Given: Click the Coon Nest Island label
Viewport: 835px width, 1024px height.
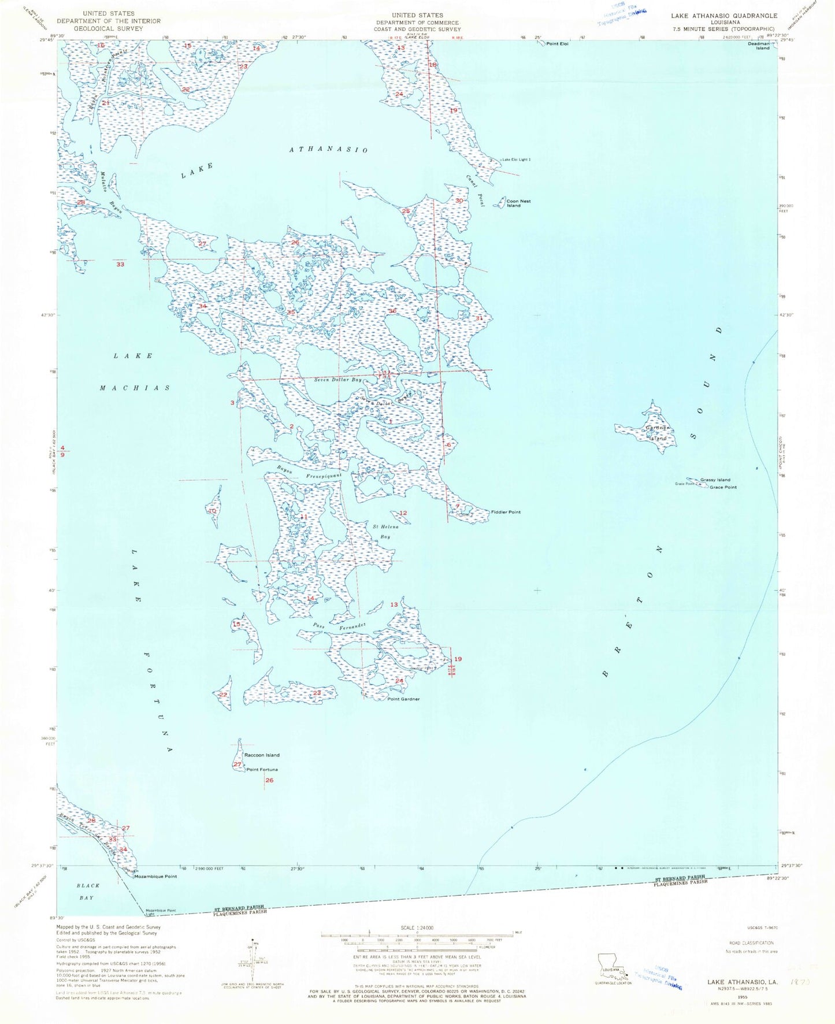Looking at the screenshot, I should coord(518,203).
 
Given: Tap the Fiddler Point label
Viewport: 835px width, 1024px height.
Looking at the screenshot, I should coord(506,512).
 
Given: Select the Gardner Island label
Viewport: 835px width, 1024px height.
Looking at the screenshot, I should coord(657,433).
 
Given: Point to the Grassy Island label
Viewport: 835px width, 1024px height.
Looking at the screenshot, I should coord(715,480).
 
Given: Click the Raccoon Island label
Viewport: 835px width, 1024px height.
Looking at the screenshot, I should coord(262,755).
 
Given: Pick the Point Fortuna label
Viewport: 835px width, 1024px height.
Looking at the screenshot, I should coord(262,770).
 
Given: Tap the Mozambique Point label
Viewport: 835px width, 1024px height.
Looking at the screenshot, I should coord(155,877).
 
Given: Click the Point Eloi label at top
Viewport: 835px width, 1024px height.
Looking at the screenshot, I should coord(557,44).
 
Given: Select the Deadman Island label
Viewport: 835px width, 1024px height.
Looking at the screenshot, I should coord(759,46).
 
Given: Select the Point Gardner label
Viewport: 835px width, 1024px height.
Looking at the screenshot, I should coord(403,699).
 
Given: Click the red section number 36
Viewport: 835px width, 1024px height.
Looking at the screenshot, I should coord(392,311).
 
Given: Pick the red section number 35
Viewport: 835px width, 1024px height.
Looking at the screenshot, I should coord(291,313).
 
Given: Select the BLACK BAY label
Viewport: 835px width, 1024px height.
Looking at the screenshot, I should coord(88,891).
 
